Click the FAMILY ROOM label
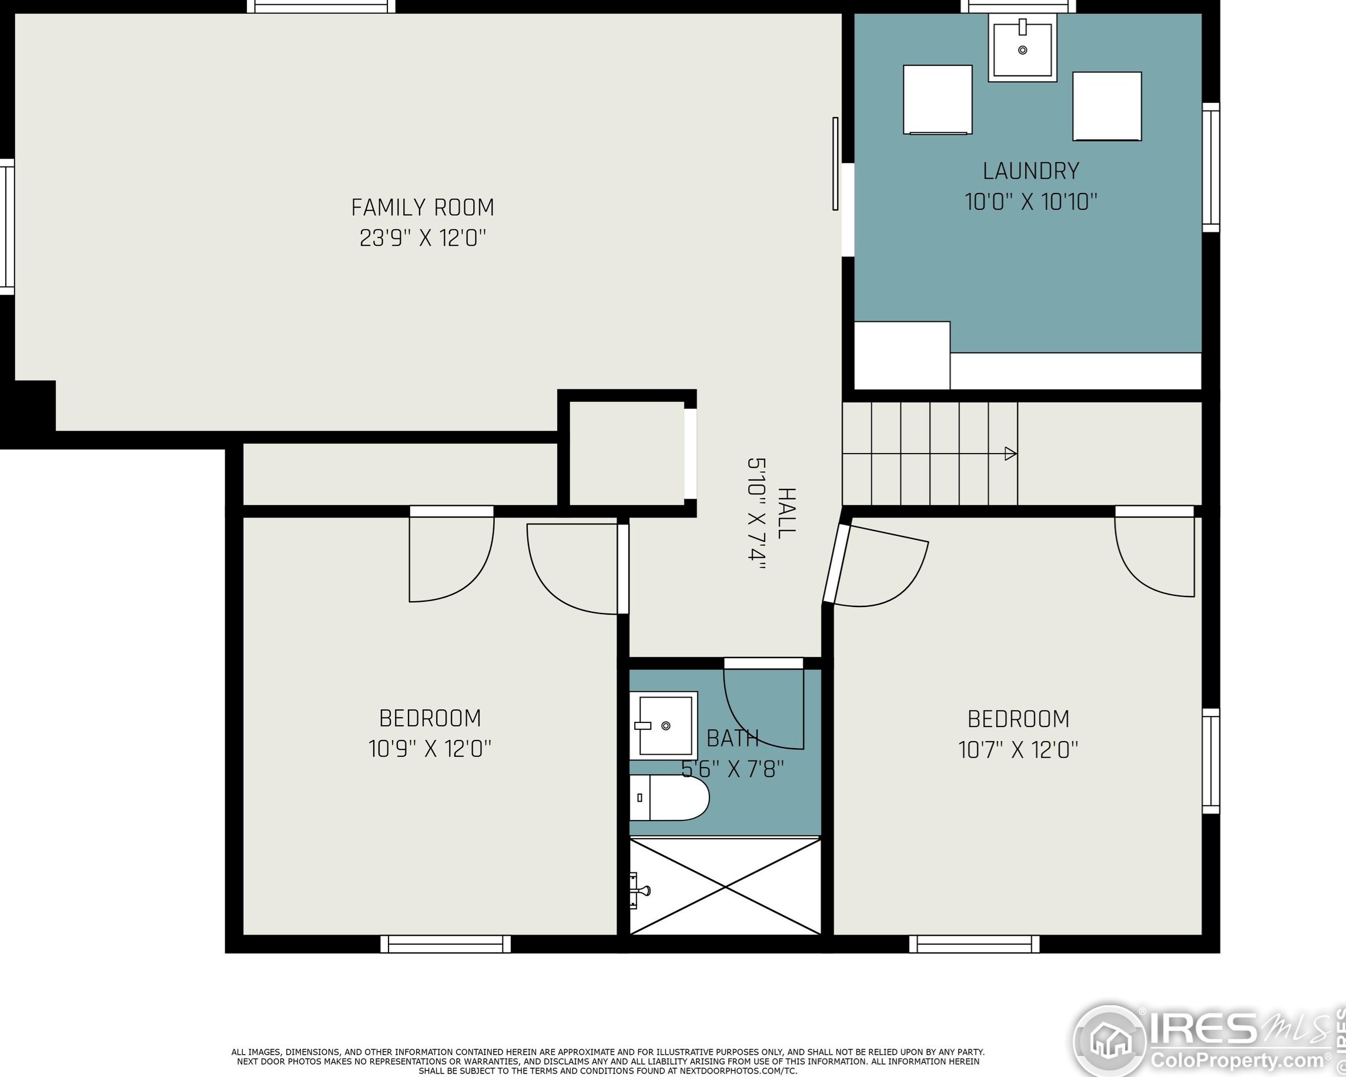click(x=423, y=208)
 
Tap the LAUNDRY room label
click(x=1031, y=171)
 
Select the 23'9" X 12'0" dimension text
click(x=423, y=238)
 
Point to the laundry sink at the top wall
click(x=1023, y=48)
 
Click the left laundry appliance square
click(x=937, y=99)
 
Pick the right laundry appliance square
click(x=1107, y=106)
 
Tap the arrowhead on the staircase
click(x=1010, y=454)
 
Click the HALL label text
click(x=787, y=513)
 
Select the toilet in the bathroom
click(x=669, y=798)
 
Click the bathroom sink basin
click(x=663, y=725)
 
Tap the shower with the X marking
click(x=725, y=886)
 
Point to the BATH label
click(x=732, y=738)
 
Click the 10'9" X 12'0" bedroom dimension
click(x=430, y=748)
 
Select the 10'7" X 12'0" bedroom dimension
click(x=1018, y=749)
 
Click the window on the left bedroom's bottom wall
click(x=445, y=944)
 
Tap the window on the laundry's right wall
click(x=1211, y=168)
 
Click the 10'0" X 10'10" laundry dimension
click(x=1031, y=202)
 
